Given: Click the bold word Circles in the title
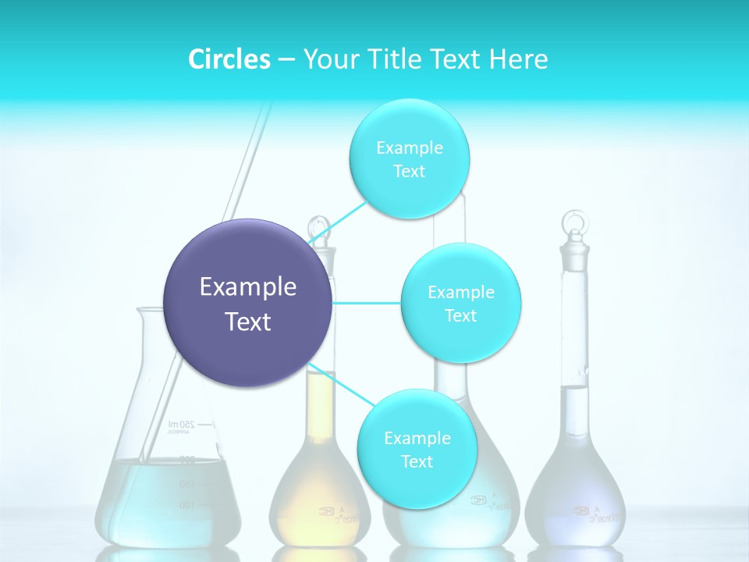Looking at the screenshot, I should tap(229, 59).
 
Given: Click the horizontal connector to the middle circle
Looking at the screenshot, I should tap(366, 303).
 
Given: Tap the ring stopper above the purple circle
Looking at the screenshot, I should tap(318, 228).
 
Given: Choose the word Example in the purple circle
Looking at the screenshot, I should tap(247, 287).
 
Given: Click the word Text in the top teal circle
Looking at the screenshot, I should tap(409, 171).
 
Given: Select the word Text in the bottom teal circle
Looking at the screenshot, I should tap(417, 461).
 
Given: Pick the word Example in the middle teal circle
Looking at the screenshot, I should tap(460, 292).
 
